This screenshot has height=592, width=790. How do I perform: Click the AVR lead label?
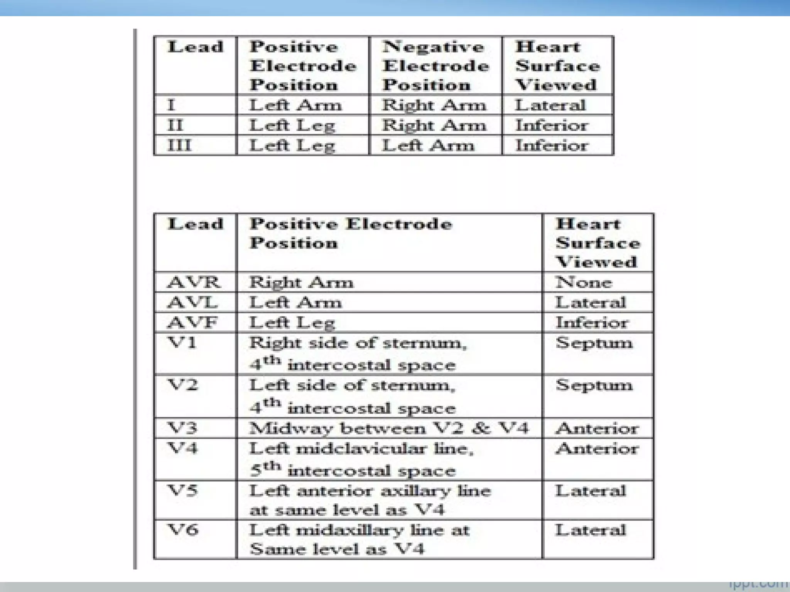[194, 283]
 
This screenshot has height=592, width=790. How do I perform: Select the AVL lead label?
[192, 303]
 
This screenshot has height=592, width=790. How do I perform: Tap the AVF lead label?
[192, 323]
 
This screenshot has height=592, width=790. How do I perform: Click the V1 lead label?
[182, 342]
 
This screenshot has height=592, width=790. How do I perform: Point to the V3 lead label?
[182, 428]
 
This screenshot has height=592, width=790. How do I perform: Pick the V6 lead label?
[183, 530]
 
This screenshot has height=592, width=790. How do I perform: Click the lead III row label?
[179, 145]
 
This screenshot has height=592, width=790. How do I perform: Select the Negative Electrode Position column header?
[436, 66]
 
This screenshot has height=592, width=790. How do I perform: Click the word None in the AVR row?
[584, 283]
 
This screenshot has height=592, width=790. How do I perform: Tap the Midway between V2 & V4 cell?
[389, 428]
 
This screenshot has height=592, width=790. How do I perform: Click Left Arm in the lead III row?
[428, 145]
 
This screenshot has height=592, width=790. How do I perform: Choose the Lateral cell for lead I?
[550, 105]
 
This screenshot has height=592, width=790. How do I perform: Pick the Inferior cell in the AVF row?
[592, 323]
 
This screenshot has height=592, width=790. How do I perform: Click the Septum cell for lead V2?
[594, 385]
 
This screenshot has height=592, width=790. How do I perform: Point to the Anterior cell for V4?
[597, 448]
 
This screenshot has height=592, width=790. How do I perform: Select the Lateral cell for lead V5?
[590, 491]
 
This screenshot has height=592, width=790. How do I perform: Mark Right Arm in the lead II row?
[434, 125]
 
